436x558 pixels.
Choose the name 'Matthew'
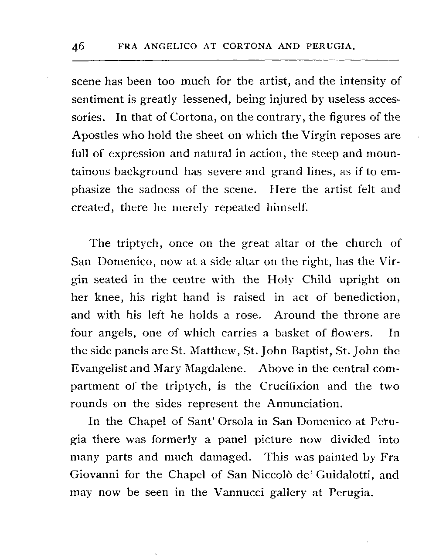click(179, 351)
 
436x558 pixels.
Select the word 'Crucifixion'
click(289, 386)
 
